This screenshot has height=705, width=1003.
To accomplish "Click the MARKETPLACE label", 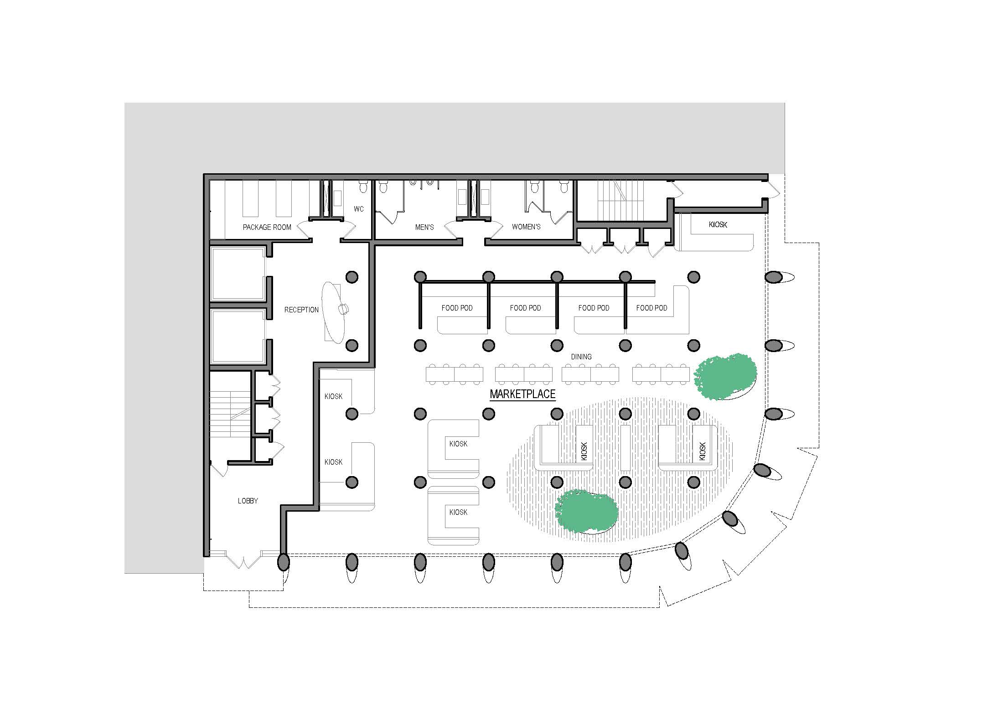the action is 522,394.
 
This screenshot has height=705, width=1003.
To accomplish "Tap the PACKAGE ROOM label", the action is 267,227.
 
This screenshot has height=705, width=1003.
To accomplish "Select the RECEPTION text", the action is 301,310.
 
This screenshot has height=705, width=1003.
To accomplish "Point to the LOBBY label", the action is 248,501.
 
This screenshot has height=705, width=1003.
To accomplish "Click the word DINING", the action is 581,357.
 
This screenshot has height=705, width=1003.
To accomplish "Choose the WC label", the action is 359,209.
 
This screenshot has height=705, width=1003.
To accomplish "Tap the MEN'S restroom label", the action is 424,227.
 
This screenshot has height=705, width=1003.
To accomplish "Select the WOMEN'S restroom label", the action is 526,227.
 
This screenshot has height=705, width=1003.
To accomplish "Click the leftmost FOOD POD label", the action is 457,308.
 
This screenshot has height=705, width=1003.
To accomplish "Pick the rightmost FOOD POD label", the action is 651,308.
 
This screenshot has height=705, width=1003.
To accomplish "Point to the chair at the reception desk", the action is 343,309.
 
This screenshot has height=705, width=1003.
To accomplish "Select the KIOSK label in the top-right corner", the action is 718,225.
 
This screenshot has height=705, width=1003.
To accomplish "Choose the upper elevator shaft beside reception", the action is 238,274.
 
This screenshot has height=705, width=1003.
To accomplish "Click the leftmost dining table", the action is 455,374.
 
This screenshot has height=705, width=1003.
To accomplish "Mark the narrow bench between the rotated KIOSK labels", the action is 626,448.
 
